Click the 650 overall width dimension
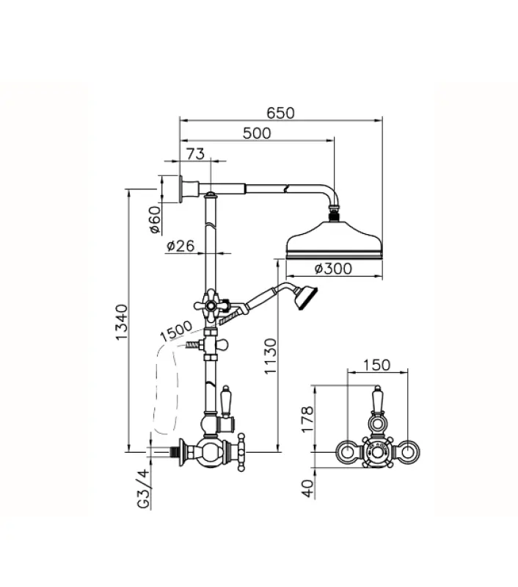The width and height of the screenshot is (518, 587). [280, 113]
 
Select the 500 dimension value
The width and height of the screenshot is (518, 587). [256, 133]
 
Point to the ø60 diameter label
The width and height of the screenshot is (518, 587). [154, 219]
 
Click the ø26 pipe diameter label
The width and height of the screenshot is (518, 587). [180, 247]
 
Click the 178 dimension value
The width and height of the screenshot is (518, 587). [307, 420]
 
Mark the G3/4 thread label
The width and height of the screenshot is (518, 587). [143, 488]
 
